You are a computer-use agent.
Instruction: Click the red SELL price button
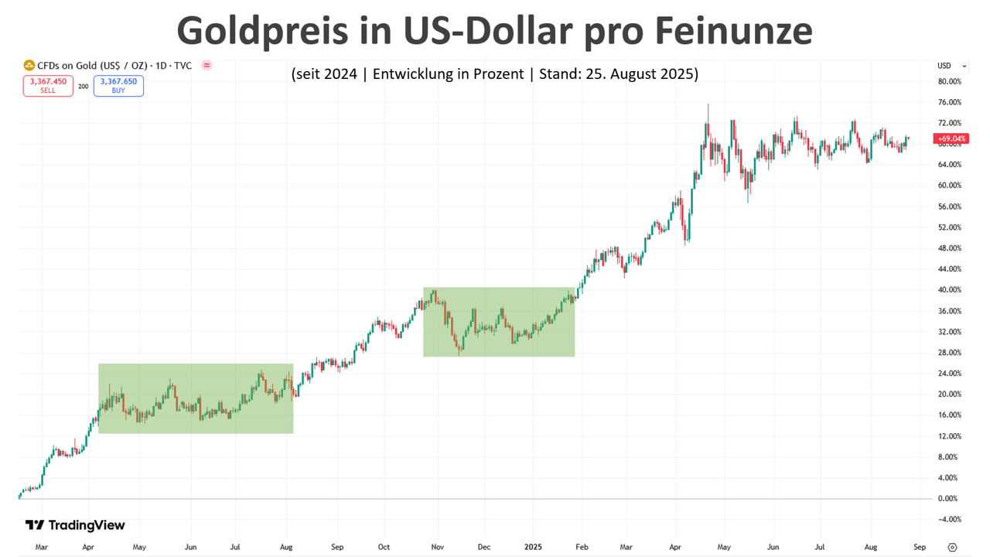48,85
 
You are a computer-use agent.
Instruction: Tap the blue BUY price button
118,85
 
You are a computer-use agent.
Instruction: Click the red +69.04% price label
951,139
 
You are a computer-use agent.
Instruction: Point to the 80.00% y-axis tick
949,81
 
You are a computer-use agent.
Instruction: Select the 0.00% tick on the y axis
947,498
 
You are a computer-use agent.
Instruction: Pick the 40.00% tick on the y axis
949,290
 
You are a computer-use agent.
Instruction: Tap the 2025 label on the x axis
532,547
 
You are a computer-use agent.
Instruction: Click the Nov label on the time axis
436,547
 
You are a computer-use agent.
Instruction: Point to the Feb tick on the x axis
581,547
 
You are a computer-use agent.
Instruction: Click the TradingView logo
75,525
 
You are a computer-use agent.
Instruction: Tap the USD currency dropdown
952,66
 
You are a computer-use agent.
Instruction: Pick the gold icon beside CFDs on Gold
29,66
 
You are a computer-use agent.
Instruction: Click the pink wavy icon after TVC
207,66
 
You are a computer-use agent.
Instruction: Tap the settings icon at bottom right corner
952,547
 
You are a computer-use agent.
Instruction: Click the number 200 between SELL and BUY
83,86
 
